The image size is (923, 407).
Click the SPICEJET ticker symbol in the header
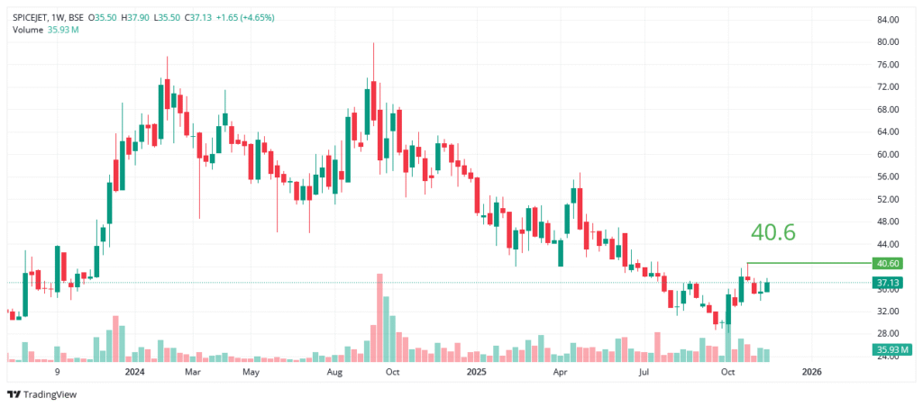32,17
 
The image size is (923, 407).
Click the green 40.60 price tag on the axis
888,264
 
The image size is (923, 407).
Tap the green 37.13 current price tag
888,283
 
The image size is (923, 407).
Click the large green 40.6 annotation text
772,232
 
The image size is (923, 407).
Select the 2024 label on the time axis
135,371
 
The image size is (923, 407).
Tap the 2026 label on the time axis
811,371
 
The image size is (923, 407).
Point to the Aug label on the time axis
334,371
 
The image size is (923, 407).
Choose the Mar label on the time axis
191,371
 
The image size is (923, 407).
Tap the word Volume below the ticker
26,30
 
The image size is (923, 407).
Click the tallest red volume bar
380,317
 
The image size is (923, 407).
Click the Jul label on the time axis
644,371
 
